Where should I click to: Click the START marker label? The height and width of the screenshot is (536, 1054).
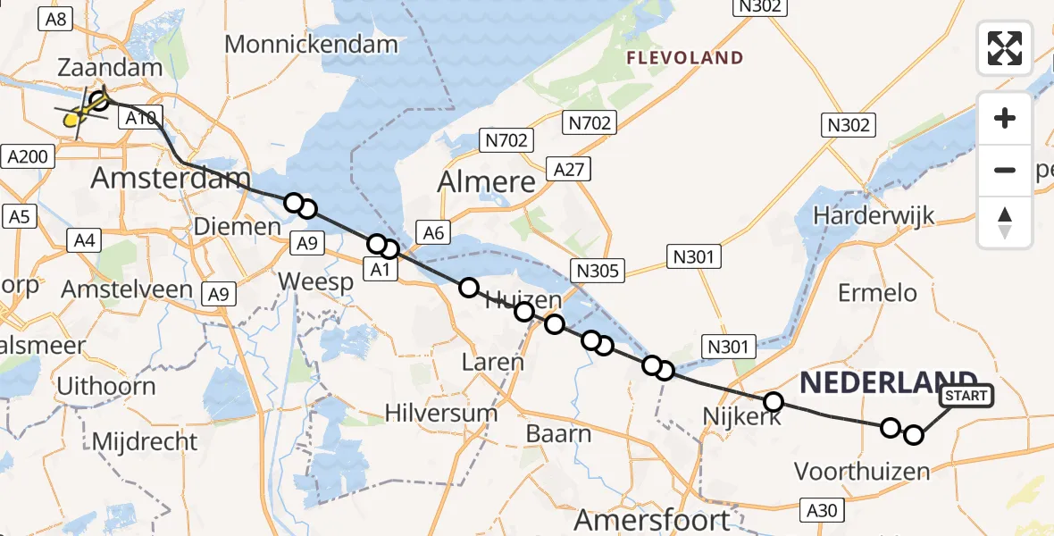coord(966,396)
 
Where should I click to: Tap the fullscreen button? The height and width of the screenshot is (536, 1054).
coord(1005,48)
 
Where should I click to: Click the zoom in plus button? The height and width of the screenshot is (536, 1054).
coord(1005,118)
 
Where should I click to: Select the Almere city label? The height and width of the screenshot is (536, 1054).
coord(486,182)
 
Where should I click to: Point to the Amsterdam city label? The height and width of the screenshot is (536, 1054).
coord(171,177)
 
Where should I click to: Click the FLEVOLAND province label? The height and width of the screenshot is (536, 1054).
coord(685,58)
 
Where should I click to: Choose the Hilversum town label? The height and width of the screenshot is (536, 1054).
coord(440,413)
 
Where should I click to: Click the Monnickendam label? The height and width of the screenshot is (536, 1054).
coord(311,44)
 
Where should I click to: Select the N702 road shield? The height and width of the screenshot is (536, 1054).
coord(506,140)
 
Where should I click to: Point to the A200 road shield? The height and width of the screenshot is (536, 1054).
coord(27,157)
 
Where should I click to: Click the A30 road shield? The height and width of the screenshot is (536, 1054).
coord(821,510)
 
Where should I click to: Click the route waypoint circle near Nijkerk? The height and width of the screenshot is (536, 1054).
coord(774,402)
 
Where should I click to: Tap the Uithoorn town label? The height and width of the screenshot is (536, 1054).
coord(105,387)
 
